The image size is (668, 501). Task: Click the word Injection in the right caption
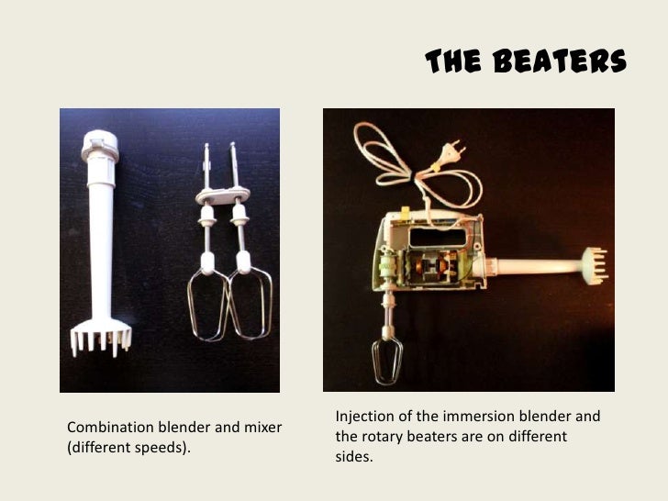coord(365,417)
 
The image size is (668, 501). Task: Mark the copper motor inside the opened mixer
coord(440,268)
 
